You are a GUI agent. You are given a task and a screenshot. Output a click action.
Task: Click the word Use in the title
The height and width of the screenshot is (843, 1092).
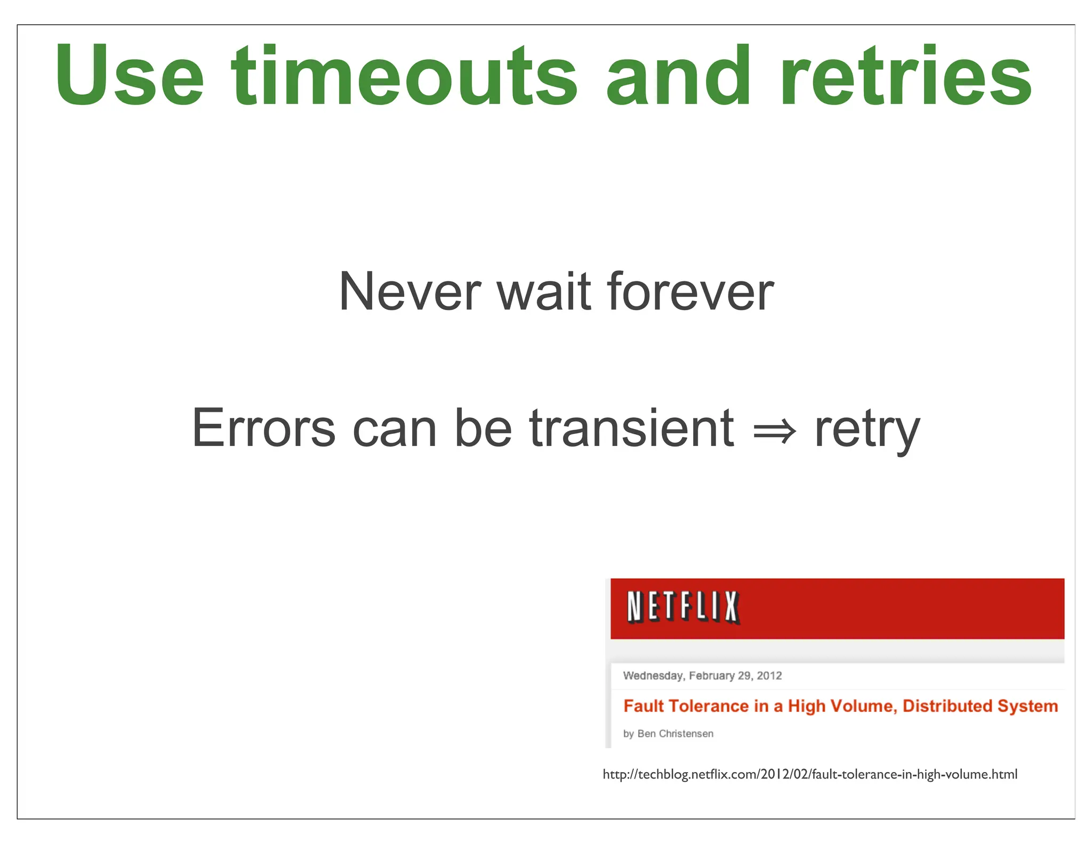(130, 76)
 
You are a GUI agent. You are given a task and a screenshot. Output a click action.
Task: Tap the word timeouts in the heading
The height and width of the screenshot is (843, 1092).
(404, 76)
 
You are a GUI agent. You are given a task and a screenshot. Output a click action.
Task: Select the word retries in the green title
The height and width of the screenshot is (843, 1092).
(906, 76)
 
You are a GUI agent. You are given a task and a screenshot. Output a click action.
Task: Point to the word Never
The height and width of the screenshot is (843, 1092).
(409, 291)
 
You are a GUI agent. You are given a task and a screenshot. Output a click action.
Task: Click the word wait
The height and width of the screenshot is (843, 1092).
(544, 291)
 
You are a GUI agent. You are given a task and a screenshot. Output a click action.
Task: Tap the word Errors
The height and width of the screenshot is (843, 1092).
(263, 428)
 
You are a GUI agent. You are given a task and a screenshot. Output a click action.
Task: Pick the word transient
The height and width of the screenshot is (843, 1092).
(631, 428)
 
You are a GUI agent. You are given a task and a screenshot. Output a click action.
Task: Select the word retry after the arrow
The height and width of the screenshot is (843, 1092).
(867, 429)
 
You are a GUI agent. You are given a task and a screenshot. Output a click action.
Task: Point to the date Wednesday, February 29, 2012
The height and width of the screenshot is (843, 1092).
(702, 676)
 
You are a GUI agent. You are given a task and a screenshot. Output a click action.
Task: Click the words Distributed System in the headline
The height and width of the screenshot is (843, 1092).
(980, 706)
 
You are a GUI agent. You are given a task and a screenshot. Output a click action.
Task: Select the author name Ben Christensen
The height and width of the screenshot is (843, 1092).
(675, 734)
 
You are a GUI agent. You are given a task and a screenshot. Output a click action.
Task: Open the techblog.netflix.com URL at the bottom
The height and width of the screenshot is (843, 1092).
(809, 774)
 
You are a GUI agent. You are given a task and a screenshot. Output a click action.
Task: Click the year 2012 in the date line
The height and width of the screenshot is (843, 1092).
(769, 676)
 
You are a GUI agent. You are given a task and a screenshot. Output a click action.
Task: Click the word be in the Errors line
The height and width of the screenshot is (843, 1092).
(483, 428)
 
